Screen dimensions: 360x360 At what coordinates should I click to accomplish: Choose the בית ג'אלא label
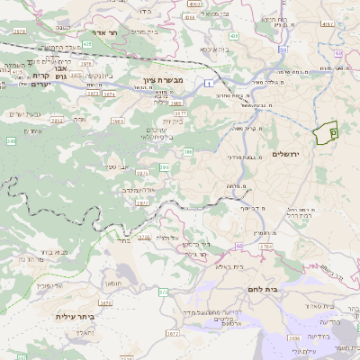(216, 266)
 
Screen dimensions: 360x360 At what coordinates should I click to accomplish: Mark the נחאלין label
(80, 332)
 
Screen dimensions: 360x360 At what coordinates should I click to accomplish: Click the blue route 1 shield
(208, 84)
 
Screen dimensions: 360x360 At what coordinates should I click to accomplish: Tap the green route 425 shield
(87, 43)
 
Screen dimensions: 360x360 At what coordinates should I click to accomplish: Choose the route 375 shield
(163, 292)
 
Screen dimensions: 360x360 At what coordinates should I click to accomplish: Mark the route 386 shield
(188, 154)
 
